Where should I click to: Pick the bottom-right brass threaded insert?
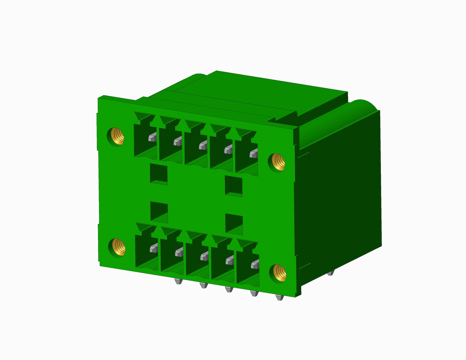pyautogui.click(x=279, y=273)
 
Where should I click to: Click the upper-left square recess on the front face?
pyautogui.click(x=159, y=174)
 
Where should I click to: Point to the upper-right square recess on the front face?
pyautogui.click(x=234, y=186)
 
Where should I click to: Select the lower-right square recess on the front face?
pyautogui.click(x=234, y=224)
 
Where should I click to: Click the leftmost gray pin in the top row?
pyautogui.click(x=152, y=138)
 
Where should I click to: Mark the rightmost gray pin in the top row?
pyautogui.click(x=254, y=153)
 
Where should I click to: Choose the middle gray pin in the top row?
pyautogui.click(x=203, y=146)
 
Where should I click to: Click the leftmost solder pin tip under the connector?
pyautogui.click(x=178, y=281)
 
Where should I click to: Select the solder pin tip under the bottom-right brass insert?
pyautogui.click(x=280, y=297)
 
